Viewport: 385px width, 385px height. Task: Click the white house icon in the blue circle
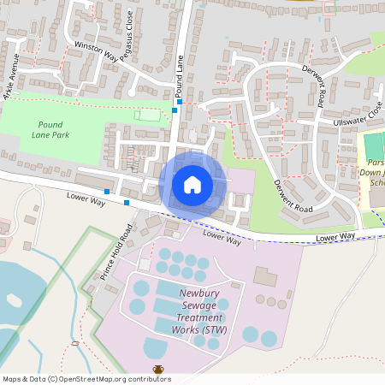[192, 184]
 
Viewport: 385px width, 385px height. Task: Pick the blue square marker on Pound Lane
[175, 110]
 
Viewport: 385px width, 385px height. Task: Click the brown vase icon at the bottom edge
[158, 370]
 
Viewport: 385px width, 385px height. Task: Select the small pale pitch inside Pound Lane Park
[148, 114]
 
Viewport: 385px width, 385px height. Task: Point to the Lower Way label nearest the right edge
[335, 236]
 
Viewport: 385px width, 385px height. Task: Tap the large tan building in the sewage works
[267, 278]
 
